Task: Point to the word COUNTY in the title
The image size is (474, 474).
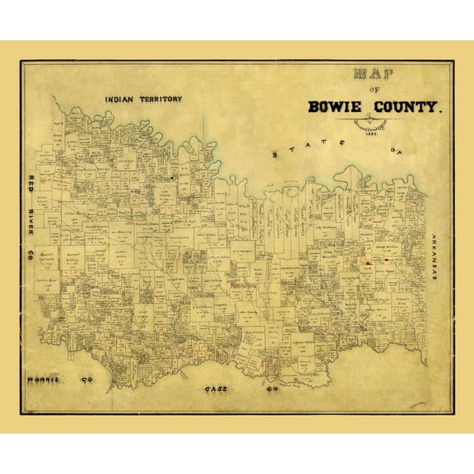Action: coord(406,106)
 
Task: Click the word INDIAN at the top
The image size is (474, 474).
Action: coord(120,99)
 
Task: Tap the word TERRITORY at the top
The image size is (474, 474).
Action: coord(160,99)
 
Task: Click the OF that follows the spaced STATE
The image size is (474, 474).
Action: coord(398,151)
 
